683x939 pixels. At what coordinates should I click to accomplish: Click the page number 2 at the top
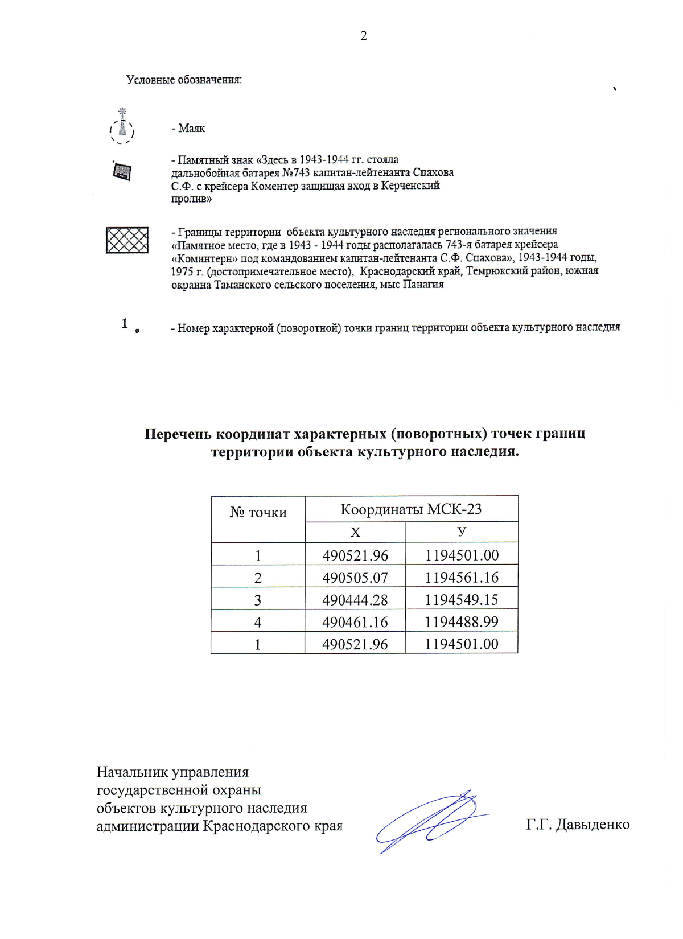point(364,36)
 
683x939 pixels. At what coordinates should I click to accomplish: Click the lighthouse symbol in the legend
point(121,127)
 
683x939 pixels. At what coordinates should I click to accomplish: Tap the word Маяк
point(191,129)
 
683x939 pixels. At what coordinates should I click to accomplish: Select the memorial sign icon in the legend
point(122,171)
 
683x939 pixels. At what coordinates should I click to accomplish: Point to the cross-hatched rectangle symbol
point(127,240)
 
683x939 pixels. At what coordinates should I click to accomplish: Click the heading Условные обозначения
point(184,80)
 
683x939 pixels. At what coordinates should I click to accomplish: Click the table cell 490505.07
point(355,578)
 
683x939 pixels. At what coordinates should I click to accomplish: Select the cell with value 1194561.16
point(462,578)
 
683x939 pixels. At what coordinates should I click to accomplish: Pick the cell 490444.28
point(355,600)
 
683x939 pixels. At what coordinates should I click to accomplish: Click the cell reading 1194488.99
point(462,622)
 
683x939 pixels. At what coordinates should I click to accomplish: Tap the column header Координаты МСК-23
point(411,509)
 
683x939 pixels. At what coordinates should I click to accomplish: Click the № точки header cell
point(258,513)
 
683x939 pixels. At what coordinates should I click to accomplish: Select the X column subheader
point(355,532)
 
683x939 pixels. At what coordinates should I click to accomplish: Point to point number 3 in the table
point(258,600)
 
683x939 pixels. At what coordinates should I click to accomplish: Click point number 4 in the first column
point(258,622)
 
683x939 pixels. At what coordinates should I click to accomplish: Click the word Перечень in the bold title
point(178,434)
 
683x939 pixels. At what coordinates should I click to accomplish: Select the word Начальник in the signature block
point(133,772)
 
